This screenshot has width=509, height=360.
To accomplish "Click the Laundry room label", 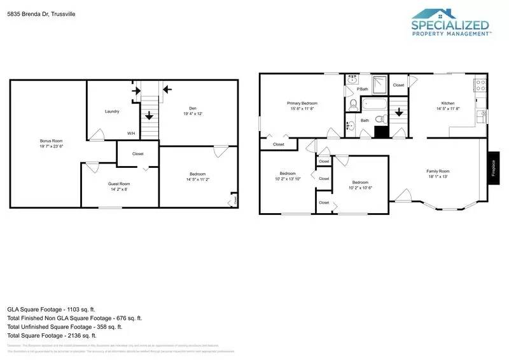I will (x=112, y=111).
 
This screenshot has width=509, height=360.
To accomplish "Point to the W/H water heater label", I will (x=131, y=134).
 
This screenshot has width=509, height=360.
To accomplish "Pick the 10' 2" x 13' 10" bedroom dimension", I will (x=288, y=179).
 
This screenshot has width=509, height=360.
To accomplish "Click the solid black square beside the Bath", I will (x=381, y=132).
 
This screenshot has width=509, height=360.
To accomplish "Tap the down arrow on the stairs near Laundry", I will (x=148, y=116).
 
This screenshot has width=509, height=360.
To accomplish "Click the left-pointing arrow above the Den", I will (x=167, y=88).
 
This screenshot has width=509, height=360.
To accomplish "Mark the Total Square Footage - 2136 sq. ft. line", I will (x=52, y=335).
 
